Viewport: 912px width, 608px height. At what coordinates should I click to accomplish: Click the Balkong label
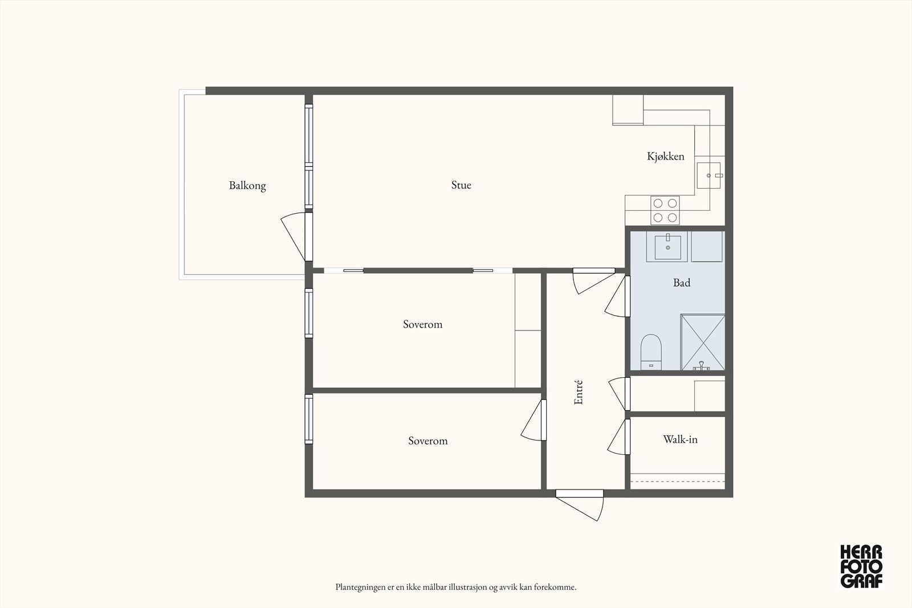pyautogui.click(x=247, y=186)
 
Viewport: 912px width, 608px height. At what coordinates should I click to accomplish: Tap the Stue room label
pyautogui.click(x=461, y=185)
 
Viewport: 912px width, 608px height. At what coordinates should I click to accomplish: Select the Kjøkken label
pyautogui.click(x=666, y=156)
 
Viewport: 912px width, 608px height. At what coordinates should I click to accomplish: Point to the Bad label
pyautogui.click(x=682, y=283)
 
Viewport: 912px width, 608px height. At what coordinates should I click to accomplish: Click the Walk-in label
pyautogui.click(x=681, y=439)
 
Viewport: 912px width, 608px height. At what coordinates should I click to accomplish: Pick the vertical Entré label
pyautogui.click(x=579, y=392)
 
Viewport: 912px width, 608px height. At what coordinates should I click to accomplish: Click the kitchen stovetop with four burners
pyautogui.click(x=665, y=210)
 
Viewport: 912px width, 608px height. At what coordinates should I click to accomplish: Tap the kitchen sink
pyautogui.click(x=709, y=176)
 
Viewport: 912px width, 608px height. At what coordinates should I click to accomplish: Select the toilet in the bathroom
pyautogui.click(x=651, y=352)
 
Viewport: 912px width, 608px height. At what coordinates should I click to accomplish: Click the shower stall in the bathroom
pyautogui.click(x=703, y=342)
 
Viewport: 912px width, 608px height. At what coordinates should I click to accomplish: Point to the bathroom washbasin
pyautogui.click(x=667, y=247)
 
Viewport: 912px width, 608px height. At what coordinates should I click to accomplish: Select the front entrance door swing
pyautogui.click(x=580, y=505)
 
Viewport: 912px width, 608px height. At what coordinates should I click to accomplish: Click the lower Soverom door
pyautogui.click(x=534, y=420)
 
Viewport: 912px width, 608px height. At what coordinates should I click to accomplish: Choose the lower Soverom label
pyautogui.click(x=428, y=440)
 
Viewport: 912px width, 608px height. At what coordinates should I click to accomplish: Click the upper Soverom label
pyautogui.click(x=422, y=324)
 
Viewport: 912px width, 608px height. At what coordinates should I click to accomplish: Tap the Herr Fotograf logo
pyautogui.click(x=861, y=567)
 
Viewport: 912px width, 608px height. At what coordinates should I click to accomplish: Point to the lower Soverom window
pyautogui.click(x=309, y=419)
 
